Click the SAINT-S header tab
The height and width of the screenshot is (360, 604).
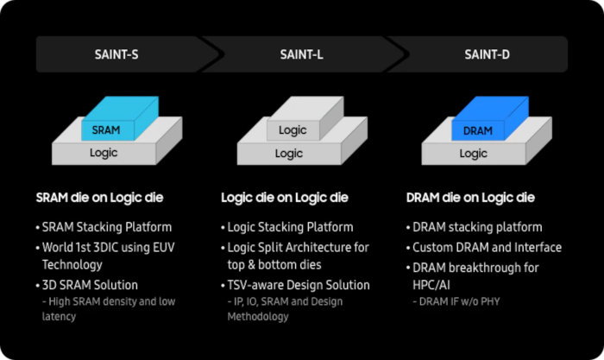[x=116, y=54]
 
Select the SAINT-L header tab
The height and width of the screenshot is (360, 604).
[x=301, y=54]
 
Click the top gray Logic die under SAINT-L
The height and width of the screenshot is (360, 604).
[x=293, y=129]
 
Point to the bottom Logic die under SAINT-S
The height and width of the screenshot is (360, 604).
[x=104, y=153]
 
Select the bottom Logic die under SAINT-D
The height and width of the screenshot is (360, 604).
[x=472, y=154]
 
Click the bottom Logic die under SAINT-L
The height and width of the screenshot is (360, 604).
[x=288, y=154]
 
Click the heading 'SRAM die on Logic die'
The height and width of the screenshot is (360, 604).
[x=100, y=198]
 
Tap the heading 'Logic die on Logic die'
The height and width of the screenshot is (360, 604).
[x=285, y=198]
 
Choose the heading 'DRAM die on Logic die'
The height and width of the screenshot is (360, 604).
[x=469, y=198]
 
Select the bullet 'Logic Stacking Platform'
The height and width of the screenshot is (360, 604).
[x=290, y=227]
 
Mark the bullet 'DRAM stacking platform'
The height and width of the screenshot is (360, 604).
[x=476, y=227]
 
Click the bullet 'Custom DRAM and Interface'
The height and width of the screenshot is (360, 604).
[x=485, y=247]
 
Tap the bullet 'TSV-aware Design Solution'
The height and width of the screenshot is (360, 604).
[x=299, y=285]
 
